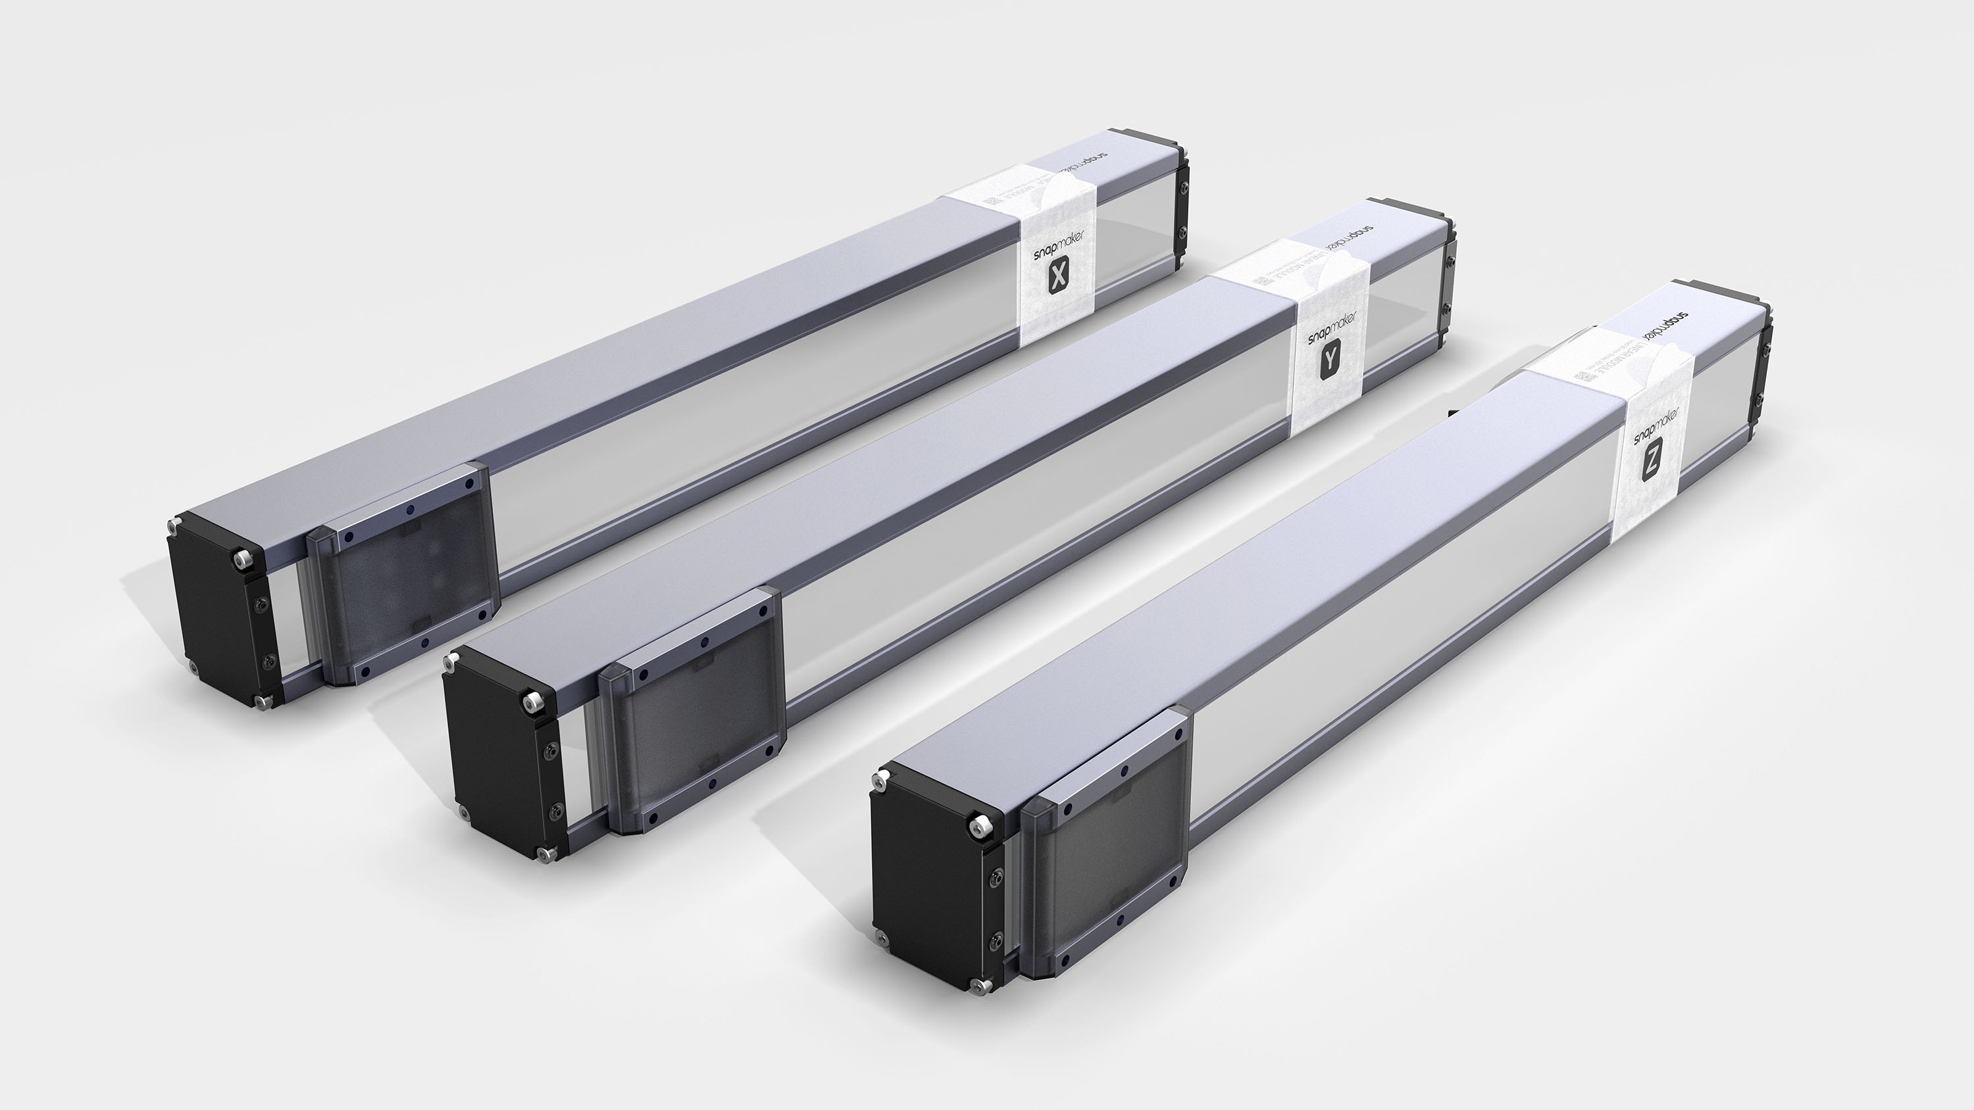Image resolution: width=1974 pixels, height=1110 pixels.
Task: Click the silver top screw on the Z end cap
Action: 978,826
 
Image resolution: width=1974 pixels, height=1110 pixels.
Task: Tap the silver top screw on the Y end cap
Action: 530,700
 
